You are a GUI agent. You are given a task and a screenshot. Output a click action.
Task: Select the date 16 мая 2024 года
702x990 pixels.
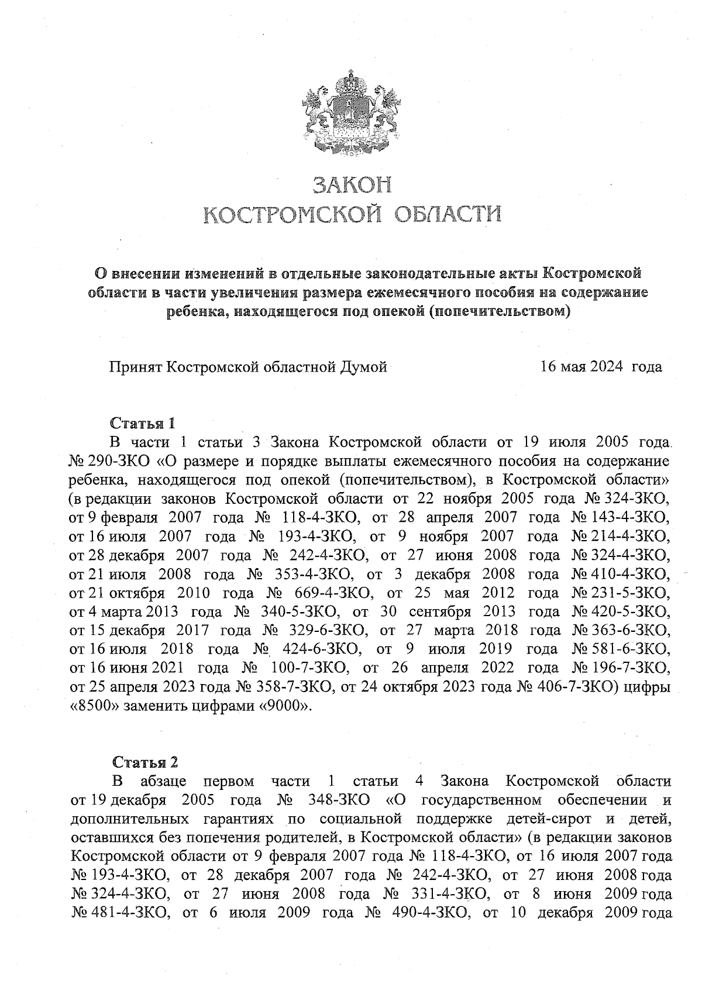point(601,367)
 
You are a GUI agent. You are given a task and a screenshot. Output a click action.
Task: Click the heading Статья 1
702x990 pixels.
point(143,423)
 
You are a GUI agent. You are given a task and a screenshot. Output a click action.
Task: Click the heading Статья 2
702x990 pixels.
point(144,762)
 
